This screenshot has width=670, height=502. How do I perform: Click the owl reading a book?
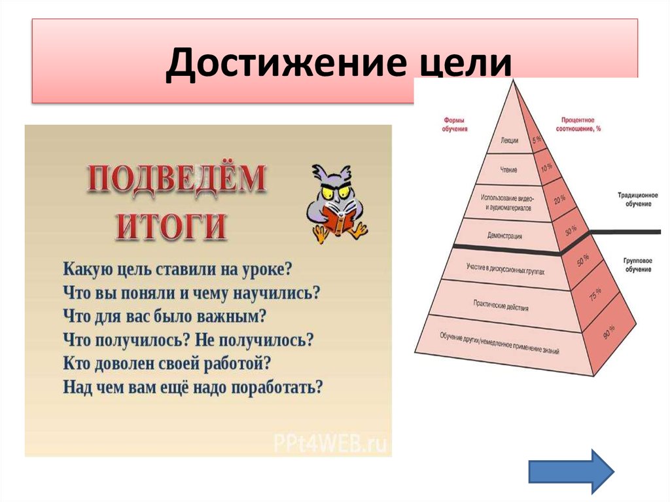[x=336, y=206]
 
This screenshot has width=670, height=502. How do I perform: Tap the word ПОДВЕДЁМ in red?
[x=177, y=180]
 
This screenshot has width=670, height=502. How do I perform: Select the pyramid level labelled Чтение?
[x=508, y=170]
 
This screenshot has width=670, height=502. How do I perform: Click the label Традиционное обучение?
[x=634, y=200]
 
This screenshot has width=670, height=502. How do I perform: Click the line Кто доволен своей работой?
[x=167, y=363]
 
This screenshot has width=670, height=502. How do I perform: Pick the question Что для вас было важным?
[x=165, y=316]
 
